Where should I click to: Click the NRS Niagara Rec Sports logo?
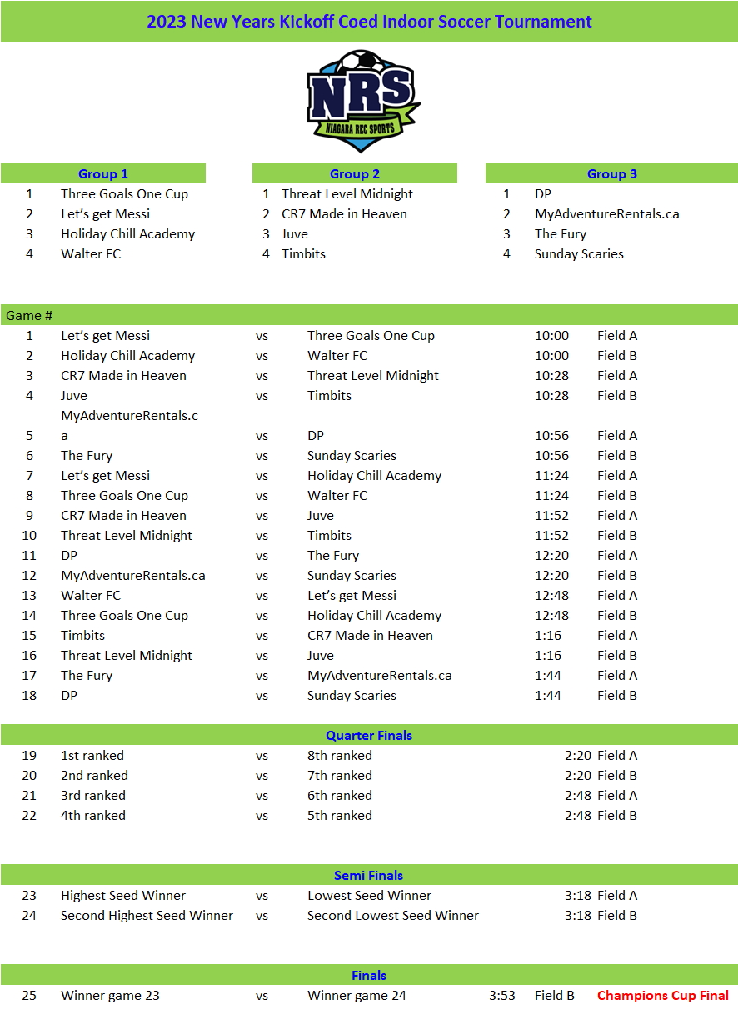[363, 101]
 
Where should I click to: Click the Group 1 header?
[103, 173]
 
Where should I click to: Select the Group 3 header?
[612, 173]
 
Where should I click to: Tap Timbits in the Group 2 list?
[303, 253]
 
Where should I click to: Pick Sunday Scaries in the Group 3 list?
[579, 253]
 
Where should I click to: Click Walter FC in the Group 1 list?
[91, 253]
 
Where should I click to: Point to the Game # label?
[29, 315]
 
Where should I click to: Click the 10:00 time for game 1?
[551, 335]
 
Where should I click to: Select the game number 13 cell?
[29, 595]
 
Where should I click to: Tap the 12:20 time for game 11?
[551, 555]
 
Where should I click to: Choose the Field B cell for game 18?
[617, 695]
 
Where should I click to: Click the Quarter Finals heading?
[369, 735]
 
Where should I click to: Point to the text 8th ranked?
[340, 755]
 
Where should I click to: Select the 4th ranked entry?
[93, 815]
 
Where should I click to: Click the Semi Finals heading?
[369, 875]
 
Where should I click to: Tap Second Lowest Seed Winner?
[393, 915]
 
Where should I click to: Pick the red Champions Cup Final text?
[663, 995]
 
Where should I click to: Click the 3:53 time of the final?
[502, 995]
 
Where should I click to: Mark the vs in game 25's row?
[262, 995]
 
